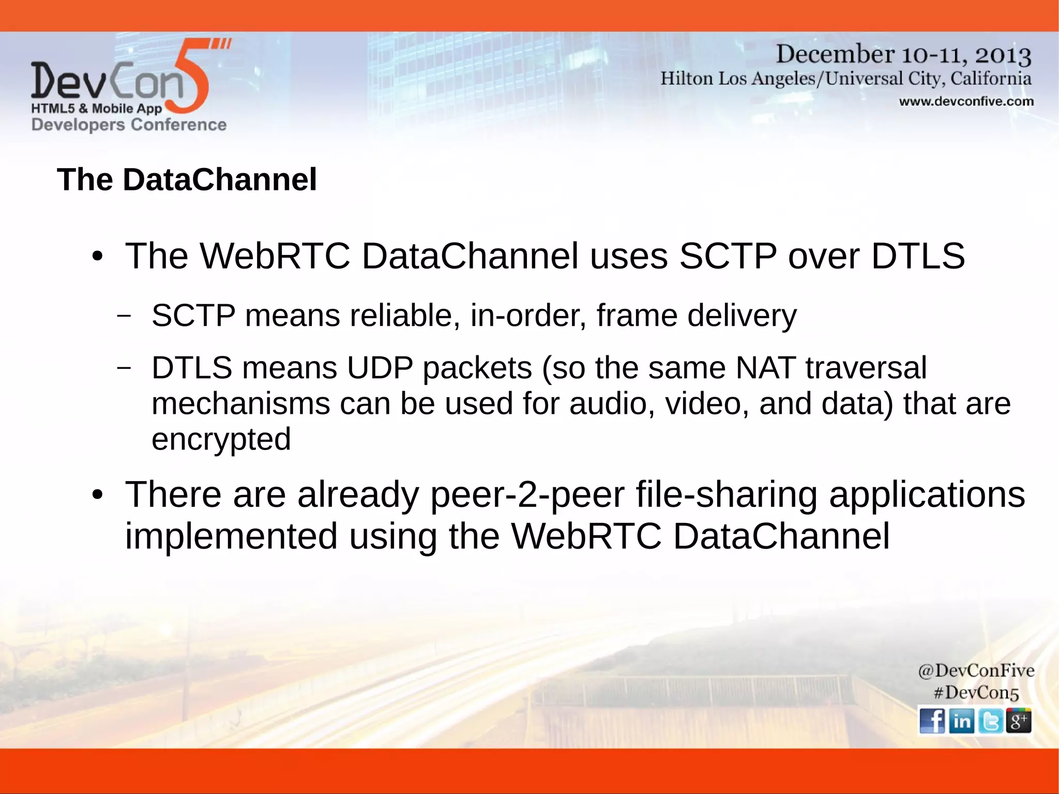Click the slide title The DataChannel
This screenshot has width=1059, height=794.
tap(187, 179)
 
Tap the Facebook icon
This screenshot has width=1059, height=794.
tap(932, 721)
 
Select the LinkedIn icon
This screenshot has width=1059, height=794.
tap(961, 721)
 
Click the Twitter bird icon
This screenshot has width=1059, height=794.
tap(990, 721)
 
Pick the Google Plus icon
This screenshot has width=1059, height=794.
tap(1019, 721)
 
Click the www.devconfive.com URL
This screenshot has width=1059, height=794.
tap(966, 101)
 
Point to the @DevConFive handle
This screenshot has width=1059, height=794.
tap(976, 671)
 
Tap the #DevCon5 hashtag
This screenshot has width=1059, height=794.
tap(976, 693)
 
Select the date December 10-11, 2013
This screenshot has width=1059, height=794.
tap(903, 55)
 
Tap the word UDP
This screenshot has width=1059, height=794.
tap(380, 368)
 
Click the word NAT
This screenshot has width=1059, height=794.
tap(765, 368)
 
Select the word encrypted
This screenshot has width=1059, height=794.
tap(221, 439)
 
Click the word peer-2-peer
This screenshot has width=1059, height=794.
tap(527, 495)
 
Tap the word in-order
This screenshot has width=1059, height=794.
tap(528, 316)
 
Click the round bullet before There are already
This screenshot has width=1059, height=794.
tap(97, 496)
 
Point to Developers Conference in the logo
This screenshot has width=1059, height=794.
tap(129, 125)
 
